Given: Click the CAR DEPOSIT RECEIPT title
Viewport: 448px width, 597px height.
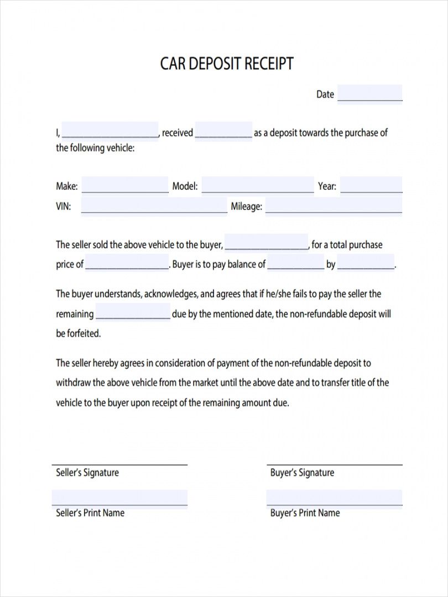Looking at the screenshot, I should pos(227,64).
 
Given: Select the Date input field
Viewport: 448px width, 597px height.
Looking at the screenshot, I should pos(369,94).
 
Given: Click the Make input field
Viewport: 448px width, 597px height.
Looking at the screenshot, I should pos(124,186).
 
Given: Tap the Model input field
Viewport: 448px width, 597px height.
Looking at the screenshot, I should pos(257,186).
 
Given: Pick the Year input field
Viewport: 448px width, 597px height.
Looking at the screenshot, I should pos(371,186).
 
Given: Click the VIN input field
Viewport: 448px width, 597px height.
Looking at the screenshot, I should pos(154,206).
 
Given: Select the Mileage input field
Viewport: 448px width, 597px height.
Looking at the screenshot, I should pos(334,206).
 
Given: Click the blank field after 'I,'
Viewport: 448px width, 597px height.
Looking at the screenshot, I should pos(110,131).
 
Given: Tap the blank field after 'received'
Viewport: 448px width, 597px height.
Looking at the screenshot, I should pos(223,132).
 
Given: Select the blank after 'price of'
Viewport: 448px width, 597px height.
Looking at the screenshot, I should pos(127,264).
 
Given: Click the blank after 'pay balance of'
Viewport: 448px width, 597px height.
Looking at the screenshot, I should pos(296,264).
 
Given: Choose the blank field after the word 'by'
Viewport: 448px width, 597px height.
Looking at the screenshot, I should pos(366,264).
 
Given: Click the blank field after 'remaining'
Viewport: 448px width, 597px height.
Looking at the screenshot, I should pos(133,313).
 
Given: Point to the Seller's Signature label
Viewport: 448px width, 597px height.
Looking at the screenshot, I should pos(87,473).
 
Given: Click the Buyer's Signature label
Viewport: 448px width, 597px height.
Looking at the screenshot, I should pos(302,473).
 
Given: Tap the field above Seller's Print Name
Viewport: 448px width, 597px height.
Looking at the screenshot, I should pos(119,498).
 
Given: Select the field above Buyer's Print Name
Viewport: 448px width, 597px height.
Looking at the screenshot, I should pos(334,498).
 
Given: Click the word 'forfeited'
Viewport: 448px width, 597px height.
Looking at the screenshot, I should pos(83,333).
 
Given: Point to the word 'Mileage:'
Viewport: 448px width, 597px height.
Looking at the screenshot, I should pos(246,207).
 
